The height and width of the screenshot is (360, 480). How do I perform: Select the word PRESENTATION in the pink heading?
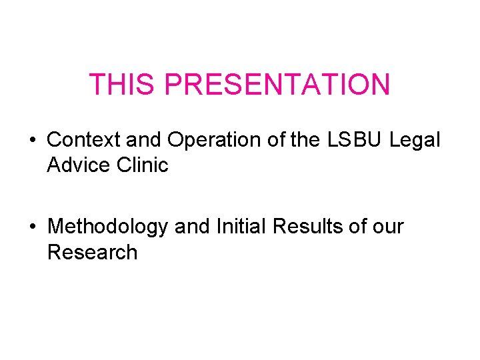tap(277, 85)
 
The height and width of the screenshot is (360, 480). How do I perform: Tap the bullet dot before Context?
tap(32, 140)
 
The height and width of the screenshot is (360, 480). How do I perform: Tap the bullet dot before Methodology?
tap(32, 227)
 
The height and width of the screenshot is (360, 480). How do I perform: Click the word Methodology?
tap(107, 227)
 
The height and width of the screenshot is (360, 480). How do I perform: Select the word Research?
tap(92, 253)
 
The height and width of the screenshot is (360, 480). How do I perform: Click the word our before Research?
tap(389, 227)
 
